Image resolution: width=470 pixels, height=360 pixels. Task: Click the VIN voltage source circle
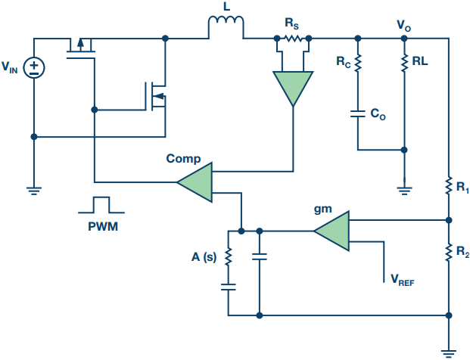pyautogui.click(x=34, y=69)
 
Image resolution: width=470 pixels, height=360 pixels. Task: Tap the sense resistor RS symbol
pyautogui.click(x=293, y=38)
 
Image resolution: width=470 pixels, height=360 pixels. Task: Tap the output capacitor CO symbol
pyautogui.click(x=358, y=115)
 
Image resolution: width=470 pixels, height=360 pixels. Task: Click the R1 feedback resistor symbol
pyautogui.click(x=450, y=184)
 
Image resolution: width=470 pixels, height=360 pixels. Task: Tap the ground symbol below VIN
pyautogui.click(x=34, y=190)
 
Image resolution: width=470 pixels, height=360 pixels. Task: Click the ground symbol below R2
pyautogui.click(x=450, y=350)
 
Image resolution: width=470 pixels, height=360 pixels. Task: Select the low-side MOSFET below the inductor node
pyautogui.click(x=156, y=95)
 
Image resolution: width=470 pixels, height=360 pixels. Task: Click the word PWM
pyautogui.click(x=101, y=225)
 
